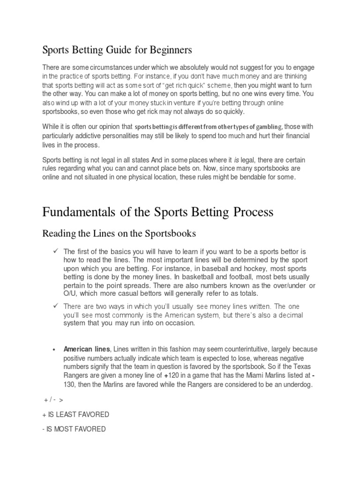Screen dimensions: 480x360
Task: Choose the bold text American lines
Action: (86, 349)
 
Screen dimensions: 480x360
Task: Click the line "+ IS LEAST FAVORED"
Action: (76, 414)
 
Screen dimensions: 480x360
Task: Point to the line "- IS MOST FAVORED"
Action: (75, 429)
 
